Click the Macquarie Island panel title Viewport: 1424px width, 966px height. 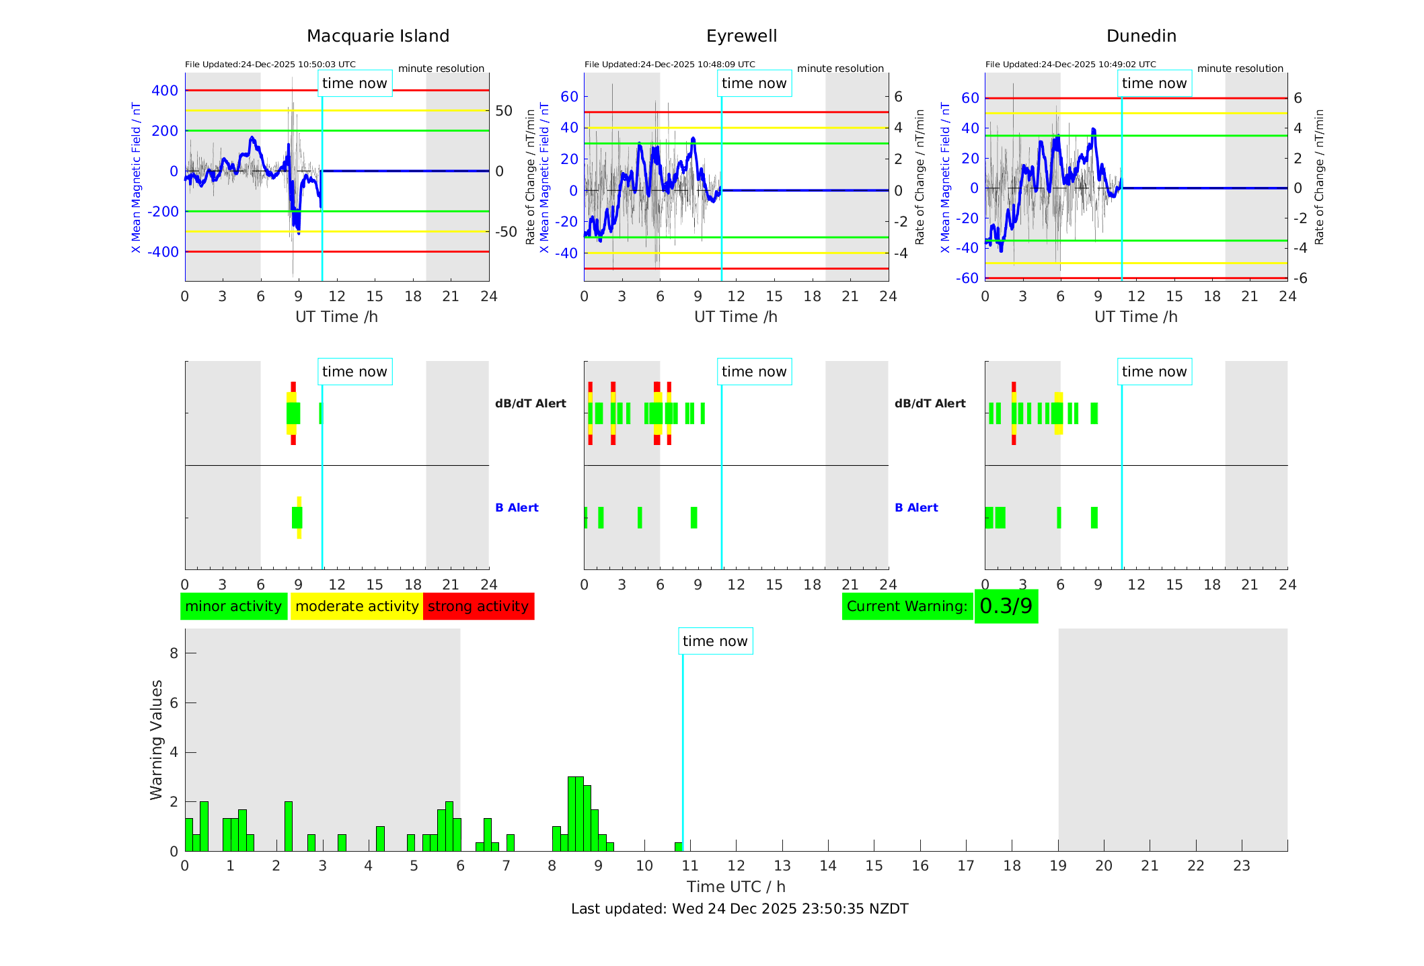(x=378, y=36)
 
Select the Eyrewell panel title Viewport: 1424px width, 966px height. (x=741, y=36)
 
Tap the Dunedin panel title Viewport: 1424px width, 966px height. (x=1141, y=36)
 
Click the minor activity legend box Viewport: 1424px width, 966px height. (x=233, y=606)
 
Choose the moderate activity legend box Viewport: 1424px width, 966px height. (x=357, y=606)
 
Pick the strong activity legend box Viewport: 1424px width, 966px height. (x=478, y=606)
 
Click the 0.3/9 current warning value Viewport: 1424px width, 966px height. (x=1006, y=606)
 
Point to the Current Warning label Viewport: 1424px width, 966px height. (x=907, y=606)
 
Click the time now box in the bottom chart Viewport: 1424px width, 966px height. (x=715, y=641)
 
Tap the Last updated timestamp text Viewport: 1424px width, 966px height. (x=739, y=909)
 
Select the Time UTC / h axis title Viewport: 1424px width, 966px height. (x=736, y=887)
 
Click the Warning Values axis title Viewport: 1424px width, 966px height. (x=157, y=739)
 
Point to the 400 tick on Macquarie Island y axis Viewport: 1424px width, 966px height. (x=165, y=91)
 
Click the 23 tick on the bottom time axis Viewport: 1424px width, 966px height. (x=1241, y=866)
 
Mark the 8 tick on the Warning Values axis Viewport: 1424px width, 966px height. (x=174, y=653)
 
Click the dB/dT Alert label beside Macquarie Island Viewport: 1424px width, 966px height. (x=530, y=403)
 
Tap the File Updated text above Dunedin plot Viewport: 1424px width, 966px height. (x=1070, y=65)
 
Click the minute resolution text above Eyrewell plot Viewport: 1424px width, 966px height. (x=840, y=69)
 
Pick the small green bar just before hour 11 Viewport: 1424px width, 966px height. (x=678, y=846)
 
